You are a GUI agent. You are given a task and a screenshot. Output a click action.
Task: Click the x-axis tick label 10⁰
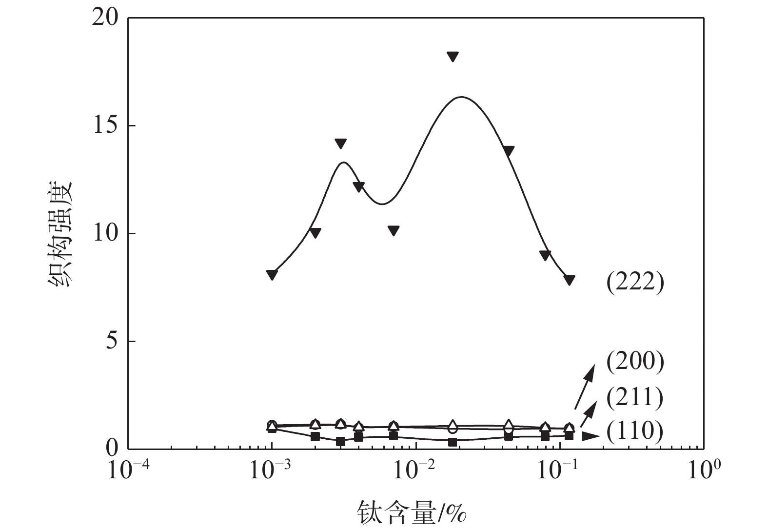pos(702,470)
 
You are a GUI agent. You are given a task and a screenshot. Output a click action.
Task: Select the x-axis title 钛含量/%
pos(412,512)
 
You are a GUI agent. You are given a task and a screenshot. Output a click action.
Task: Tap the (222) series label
pos(635,283)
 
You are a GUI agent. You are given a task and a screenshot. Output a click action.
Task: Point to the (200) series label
pos(635,362)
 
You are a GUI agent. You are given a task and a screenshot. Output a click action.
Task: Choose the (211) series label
pos(635,398)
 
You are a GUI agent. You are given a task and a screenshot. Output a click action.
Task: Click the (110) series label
pos(635,431)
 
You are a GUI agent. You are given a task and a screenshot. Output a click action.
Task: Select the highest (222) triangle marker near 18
pos(453,57)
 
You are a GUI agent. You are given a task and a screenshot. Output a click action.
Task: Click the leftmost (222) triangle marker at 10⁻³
pos(272,274)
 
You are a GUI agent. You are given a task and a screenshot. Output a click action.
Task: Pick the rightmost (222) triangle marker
pos(569,280)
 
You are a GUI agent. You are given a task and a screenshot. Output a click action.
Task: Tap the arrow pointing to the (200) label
pos(585,386)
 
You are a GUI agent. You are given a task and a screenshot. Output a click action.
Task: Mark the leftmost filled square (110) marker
pos(272,428)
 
